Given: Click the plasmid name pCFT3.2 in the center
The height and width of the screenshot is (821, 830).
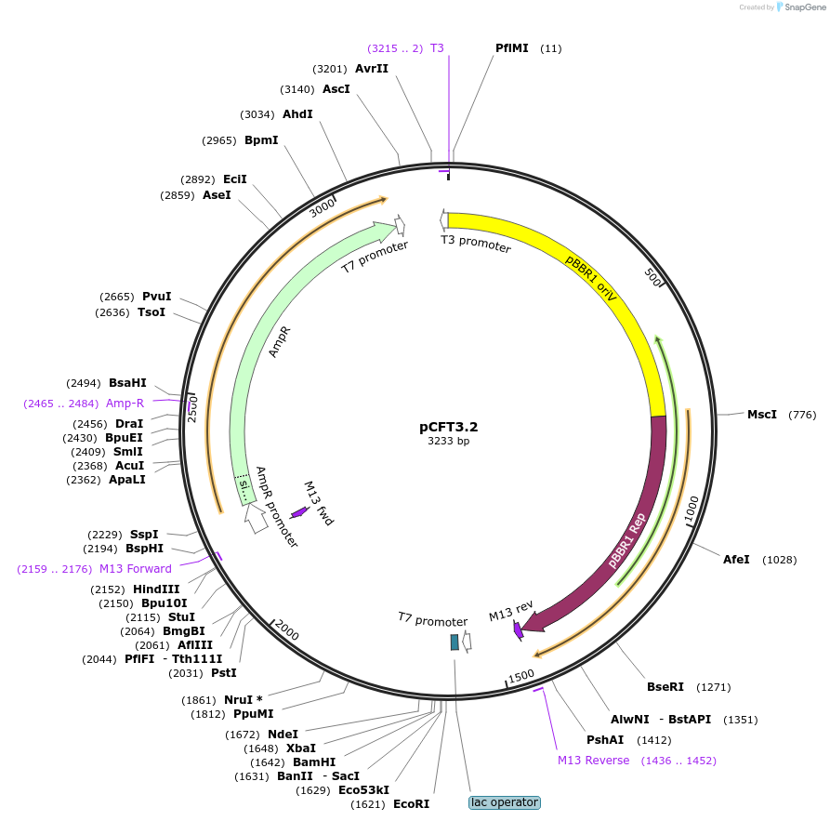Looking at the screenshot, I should click(448, 427).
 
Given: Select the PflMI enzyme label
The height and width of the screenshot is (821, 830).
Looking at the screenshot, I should click(512, 47).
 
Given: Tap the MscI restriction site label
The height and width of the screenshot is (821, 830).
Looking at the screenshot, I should click(761, 414).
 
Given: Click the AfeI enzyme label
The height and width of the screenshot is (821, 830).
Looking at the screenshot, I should click(736, 559).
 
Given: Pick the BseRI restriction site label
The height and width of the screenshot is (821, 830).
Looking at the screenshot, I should click(665, 687).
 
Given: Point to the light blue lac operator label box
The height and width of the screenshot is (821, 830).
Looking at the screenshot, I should click(504, 802).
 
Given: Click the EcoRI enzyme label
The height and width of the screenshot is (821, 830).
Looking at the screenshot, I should click(412, 803).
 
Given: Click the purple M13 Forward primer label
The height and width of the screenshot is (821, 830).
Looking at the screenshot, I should click(136, 569).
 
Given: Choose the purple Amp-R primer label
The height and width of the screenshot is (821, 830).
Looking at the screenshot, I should click(125, 404).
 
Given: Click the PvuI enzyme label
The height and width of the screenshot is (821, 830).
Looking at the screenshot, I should click(156, 297).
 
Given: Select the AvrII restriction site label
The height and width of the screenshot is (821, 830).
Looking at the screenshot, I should click(371, 68).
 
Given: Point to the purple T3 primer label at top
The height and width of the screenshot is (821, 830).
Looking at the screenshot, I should click(437, 47).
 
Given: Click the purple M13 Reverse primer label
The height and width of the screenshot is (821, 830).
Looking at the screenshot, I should click(593, 761).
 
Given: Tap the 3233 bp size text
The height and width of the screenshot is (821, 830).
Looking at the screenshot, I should click(448, 442).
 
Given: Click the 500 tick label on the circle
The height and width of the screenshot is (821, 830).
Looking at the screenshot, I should click(652, 277).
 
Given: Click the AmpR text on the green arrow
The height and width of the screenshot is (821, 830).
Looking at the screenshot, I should click(280, 341).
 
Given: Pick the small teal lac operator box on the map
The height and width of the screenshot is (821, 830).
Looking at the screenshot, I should click(455, 642).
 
